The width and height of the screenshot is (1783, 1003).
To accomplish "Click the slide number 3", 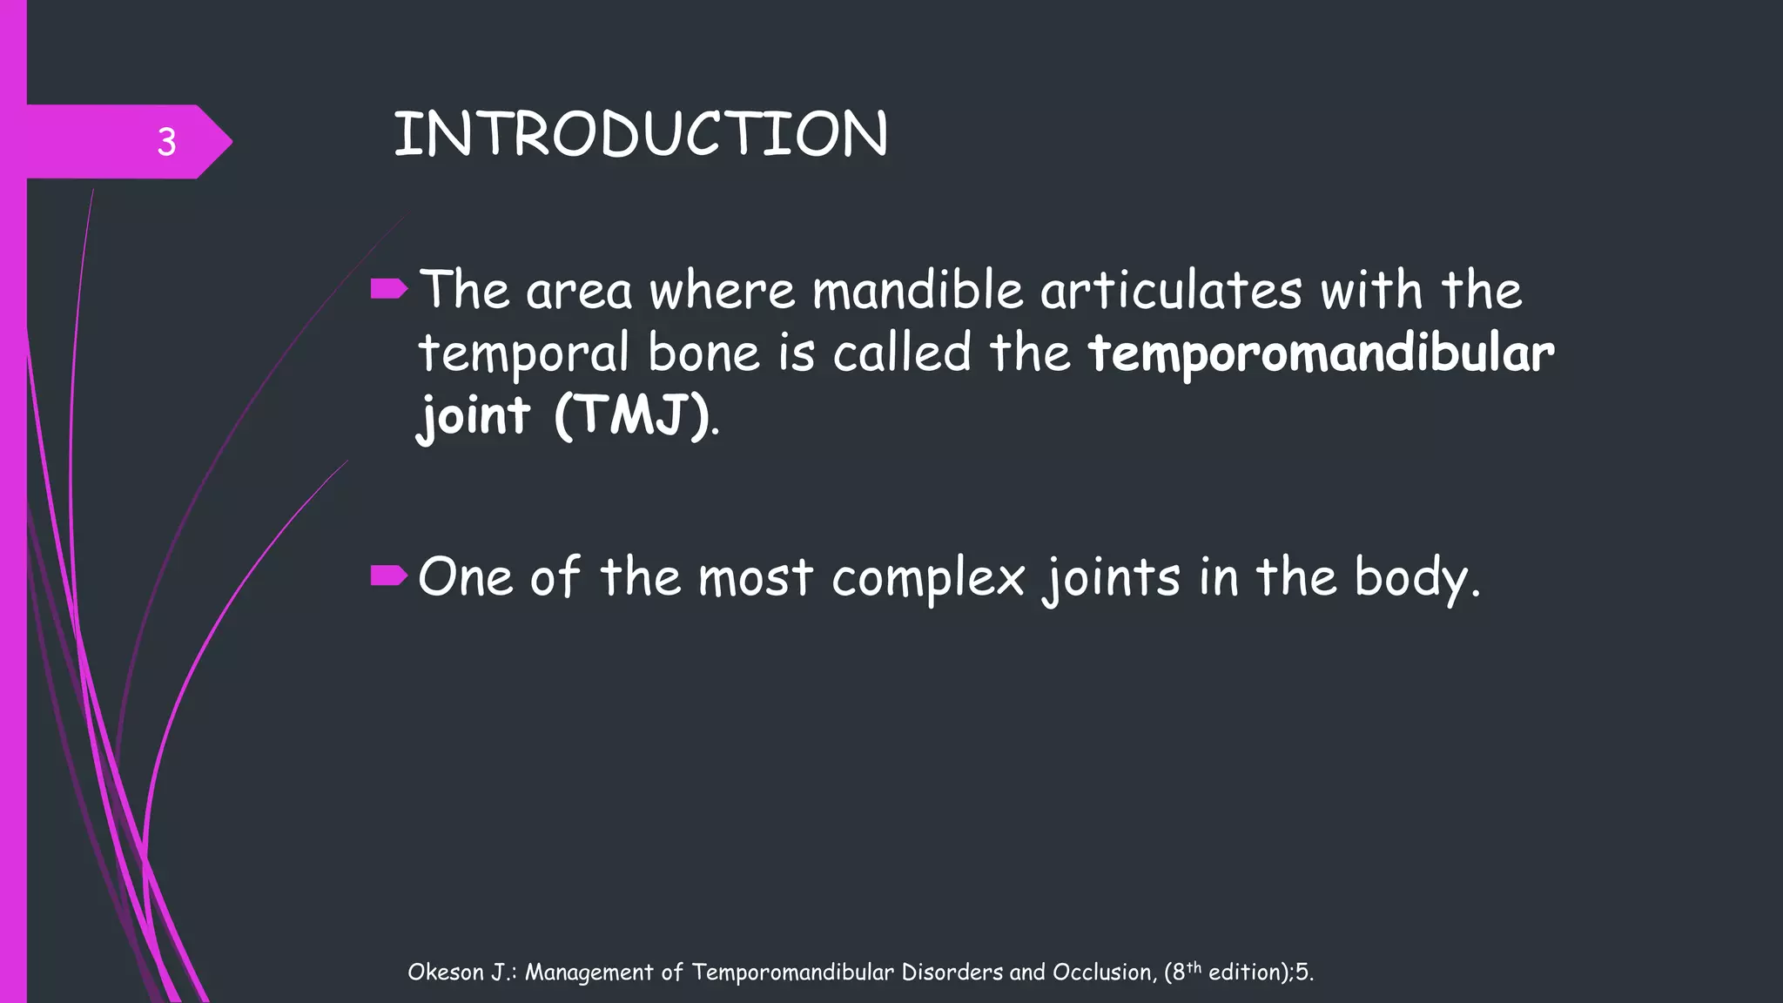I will (166, 142).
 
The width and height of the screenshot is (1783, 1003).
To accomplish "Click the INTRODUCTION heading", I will (641, 135).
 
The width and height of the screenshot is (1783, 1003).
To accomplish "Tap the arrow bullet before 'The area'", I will (388, 289).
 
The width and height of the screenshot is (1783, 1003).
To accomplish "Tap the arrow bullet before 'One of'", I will (388, 576).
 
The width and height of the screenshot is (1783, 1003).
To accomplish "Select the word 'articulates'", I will (1171, 290).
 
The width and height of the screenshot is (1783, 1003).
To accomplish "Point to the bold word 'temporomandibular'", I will (1321, 354).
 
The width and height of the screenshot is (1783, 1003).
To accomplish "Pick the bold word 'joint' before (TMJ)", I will (474, 417).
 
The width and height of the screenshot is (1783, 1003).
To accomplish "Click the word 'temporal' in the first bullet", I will (523, 354).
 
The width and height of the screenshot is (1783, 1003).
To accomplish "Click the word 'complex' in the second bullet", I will (928, 579).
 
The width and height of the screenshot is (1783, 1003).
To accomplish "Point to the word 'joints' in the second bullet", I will (1112, 579).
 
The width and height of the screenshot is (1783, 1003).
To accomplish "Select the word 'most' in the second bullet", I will (755, 578).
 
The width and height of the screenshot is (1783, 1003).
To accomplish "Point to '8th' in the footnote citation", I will (1186, 971).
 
